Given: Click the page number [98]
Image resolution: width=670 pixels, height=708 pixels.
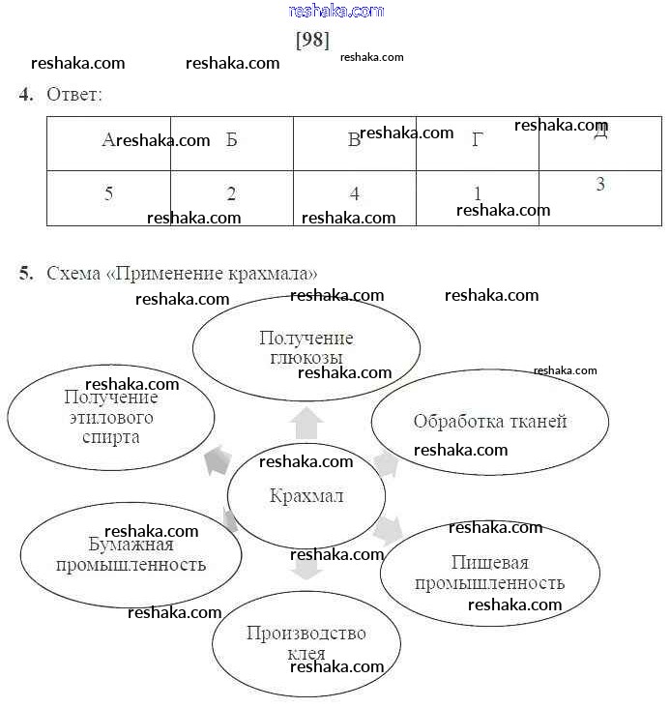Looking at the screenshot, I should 311,40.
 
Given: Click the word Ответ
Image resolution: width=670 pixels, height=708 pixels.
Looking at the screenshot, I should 73,95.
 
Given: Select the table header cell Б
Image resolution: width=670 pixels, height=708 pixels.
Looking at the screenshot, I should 231,140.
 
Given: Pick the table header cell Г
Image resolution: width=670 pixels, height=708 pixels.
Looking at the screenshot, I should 477,141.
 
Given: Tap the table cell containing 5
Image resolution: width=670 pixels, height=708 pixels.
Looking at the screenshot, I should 108,194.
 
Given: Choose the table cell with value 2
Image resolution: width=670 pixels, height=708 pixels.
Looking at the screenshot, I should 231,194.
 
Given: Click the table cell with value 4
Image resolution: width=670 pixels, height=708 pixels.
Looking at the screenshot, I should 355,194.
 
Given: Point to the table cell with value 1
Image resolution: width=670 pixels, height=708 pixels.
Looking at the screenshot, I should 478,194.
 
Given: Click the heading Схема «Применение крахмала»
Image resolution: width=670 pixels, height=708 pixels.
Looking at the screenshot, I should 182,274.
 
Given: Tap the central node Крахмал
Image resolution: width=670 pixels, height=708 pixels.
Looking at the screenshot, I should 306,496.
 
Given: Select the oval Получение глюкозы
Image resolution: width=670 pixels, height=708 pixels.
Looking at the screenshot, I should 306,347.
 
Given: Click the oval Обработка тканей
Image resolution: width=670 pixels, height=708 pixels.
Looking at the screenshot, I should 490,421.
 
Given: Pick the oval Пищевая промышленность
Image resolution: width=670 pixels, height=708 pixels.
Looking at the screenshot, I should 490,573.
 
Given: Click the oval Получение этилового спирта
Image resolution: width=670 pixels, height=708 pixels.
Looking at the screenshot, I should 111,417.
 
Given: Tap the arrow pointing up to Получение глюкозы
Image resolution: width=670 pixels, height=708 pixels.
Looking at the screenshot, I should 306,422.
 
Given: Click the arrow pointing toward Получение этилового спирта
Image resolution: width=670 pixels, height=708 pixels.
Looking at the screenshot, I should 218,459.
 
